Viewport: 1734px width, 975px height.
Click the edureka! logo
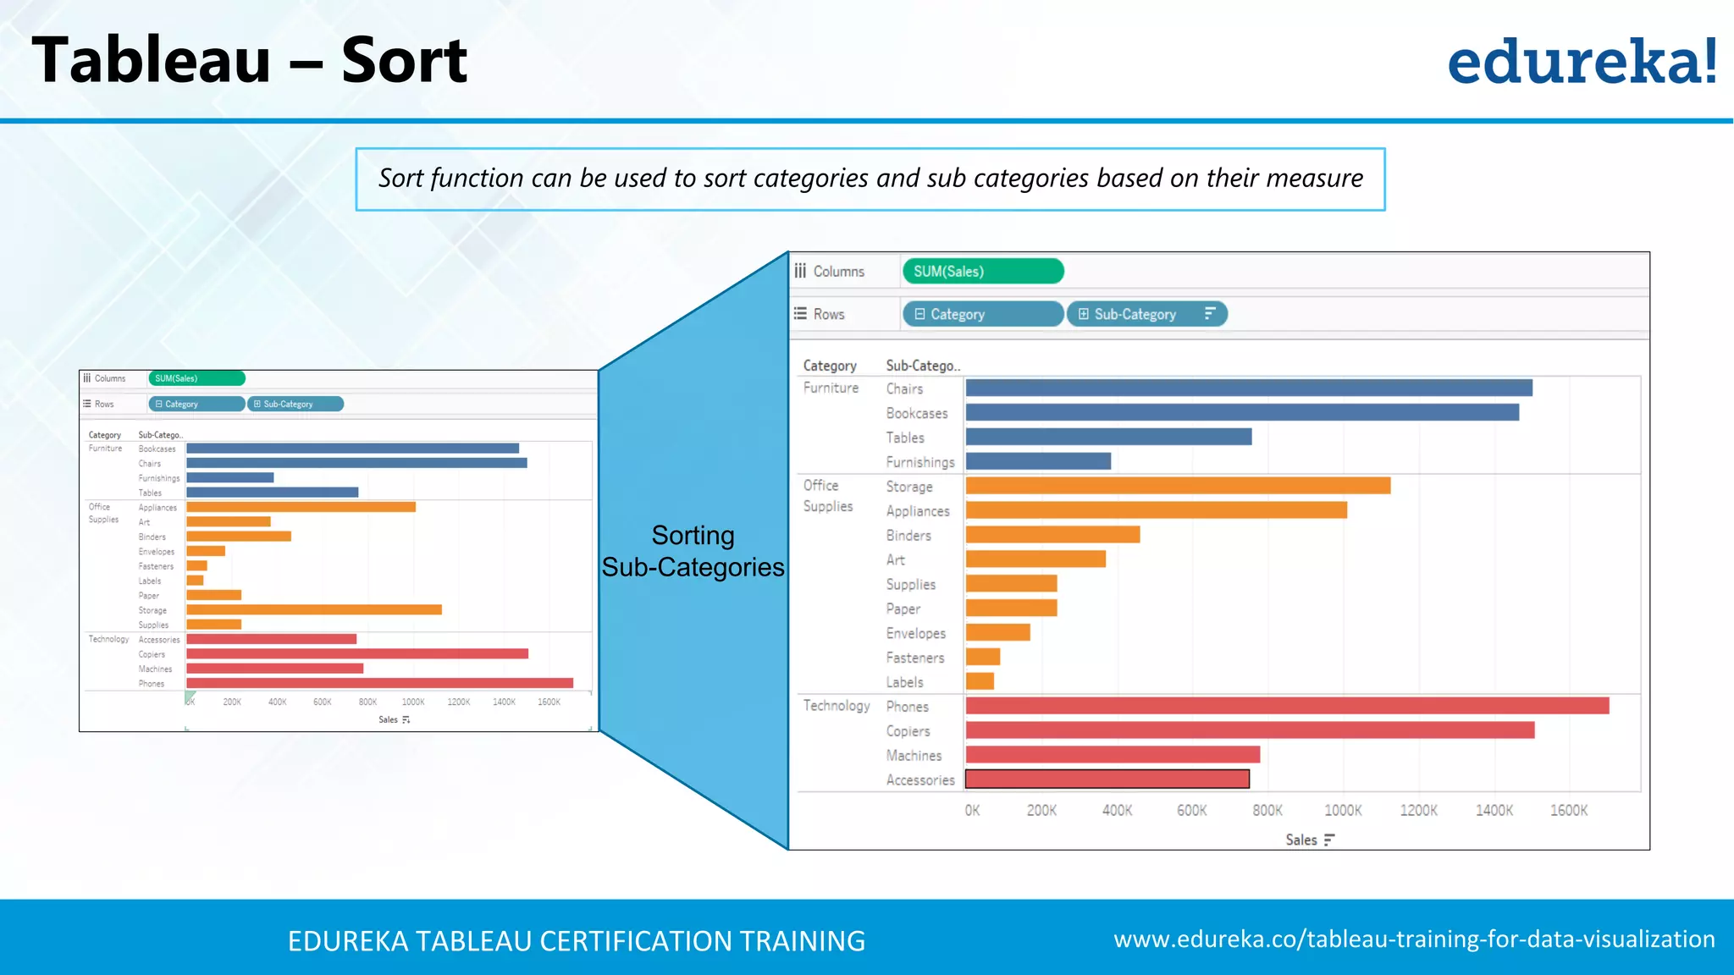1582,61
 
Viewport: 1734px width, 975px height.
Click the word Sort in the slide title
404,61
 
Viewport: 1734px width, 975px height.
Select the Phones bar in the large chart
1287,706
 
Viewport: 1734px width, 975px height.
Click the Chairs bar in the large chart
1249,388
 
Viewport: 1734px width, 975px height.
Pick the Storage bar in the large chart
1178,486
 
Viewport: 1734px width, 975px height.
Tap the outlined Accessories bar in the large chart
1107,779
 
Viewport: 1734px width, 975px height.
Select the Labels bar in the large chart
980,681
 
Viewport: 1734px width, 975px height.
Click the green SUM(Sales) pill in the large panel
982,272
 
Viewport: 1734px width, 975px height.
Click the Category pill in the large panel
982,314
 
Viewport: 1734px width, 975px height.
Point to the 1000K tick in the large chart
1343,811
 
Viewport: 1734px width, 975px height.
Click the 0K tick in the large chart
972,811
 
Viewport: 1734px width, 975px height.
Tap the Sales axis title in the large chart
1301,840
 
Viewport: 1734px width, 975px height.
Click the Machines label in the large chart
914,755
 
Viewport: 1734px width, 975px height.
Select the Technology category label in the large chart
837,706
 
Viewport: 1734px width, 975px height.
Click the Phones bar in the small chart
379,683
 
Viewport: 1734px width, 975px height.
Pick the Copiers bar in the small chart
357,653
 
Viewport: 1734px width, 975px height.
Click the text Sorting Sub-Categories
693,551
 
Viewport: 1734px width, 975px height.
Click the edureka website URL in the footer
1414,939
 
